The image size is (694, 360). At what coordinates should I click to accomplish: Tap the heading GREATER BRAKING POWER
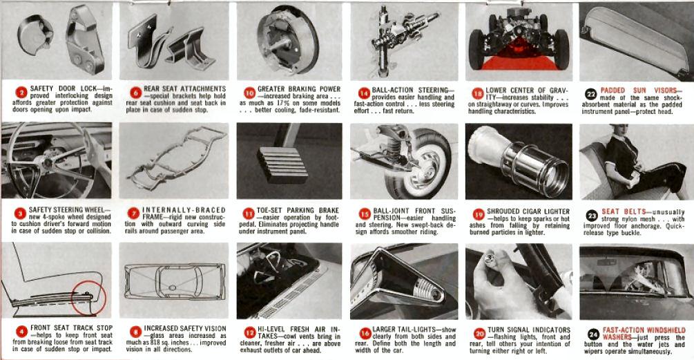click(299, 90)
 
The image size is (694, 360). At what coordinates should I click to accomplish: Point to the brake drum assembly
click(290, 41)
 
